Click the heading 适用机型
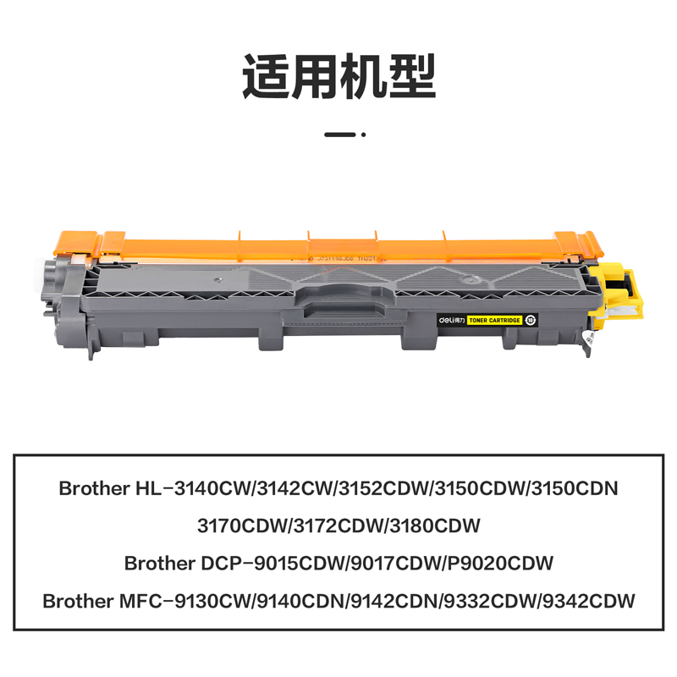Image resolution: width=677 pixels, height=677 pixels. tap(338, 77)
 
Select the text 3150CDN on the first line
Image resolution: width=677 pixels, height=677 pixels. tap(576, 489)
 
